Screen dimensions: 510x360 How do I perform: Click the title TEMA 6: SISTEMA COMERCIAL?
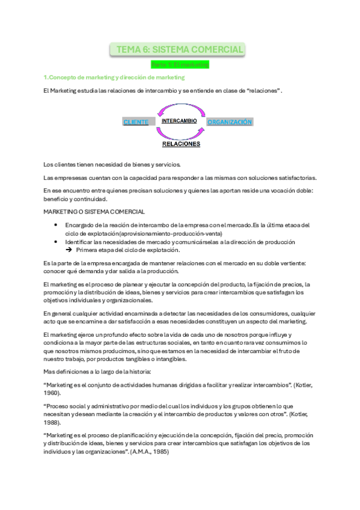tap(180, 49)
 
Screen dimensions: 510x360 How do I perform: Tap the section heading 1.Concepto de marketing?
tap(114, 78)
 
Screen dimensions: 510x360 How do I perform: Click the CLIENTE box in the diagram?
tap(136, 122)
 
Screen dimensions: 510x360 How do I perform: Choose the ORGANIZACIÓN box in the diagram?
tap(229, 122)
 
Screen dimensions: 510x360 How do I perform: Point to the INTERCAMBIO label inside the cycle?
tap(180, 121)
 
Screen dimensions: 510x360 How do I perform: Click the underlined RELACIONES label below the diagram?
tap(182, 144)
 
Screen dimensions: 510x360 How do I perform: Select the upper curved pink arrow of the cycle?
tap(180, 108)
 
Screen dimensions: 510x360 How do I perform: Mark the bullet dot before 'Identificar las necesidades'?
tap(55, 242)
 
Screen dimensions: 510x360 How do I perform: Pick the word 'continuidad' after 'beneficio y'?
tap(89, 199)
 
